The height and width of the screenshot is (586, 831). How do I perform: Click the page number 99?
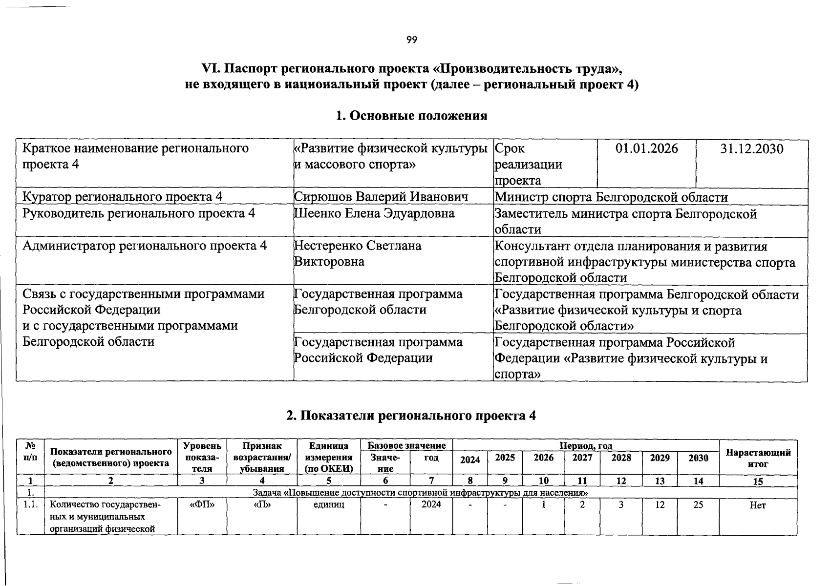point(411,40)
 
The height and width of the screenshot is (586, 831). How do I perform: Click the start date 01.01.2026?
point(646,148)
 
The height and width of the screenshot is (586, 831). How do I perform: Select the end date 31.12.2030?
point(751,148)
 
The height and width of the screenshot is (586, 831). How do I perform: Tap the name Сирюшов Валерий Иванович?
point(381,197)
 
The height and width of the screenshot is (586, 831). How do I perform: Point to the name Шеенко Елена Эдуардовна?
point(374,213)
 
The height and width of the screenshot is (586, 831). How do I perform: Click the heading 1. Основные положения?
point(411,116)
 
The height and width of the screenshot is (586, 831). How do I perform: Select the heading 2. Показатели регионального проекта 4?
point(411,416)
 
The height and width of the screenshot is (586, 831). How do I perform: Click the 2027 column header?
point(582,458)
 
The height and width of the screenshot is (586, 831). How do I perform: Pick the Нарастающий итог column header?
point(758,458)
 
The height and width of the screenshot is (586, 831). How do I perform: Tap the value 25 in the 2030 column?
point(698,505)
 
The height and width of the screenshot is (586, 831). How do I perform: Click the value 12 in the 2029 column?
point(660,505)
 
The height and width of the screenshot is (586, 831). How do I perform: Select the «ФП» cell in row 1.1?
point(202,505)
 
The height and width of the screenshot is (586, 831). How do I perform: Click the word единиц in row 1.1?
point(328,505)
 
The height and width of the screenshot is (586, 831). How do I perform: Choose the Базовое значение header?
point(406,445)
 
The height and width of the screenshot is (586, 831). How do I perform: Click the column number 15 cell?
point(758,481)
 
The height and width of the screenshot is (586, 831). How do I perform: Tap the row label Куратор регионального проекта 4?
point(123,197)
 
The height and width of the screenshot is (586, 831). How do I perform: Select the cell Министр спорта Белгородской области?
point(611,197)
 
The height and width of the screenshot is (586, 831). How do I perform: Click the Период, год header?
point(586,445)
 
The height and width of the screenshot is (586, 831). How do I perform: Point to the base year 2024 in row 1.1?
point(431,505)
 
